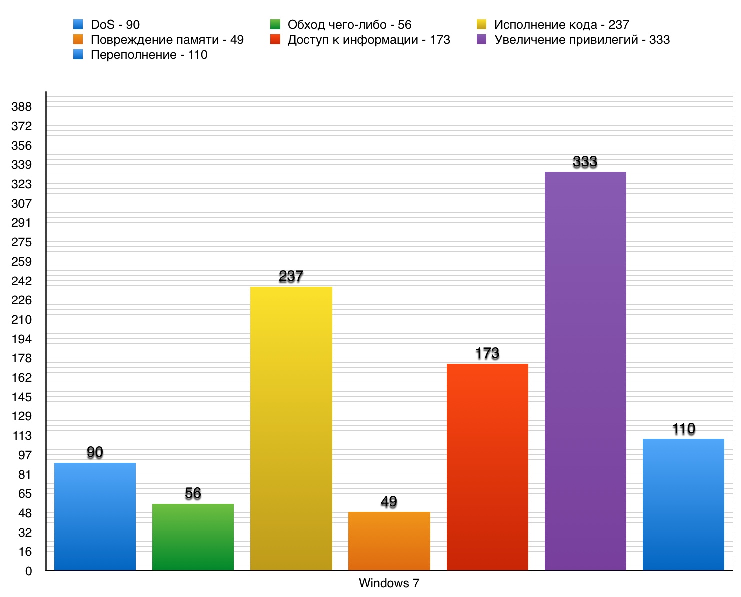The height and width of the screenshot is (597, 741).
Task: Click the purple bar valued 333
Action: pos(585,371)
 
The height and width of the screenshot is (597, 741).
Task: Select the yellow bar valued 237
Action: pos(291,428)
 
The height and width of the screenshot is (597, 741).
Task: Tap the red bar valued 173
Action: pos(487,467)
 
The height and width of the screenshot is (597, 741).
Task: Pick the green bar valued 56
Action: pos(193,537)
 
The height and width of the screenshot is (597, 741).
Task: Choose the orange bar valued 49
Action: pos(389,541)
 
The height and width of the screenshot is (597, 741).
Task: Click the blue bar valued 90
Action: pos(95,516)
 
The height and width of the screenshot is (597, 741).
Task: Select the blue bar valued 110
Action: pos(683,504)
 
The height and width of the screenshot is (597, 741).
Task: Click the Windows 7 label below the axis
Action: pos(389,583)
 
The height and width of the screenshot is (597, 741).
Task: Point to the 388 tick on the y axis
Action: pos(21,107)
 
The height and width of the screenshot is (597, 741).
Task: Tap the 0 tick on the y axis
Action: pos(28,571)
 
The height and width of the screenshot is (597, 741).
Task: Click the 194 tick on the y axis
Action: pos(21,339)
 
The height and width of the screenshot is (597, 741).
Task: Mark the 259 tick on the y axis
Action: pos(21,262)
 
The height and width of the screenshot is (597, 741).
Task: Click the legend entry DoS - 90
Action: pos(115,25)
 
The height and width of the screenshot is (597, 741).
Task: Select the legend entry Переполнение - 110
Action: pos(149,55)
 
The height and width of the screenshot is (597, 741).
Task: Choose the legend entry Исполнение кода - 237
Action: pos(561,25)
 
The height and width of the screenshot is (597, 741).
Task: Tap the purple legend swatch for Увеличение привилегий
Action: pos(482,40)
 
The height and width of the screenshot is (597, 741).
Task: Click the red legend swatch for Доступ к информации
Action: pos(275,40)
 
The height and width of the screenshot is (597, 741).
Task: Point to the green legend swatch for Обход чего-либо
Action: pos(275,25)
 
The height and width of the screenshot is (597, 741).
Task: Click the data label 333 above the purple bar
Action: pos(585,162)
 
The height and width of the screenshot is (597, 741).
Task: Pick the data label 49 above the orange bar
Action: pos(389,501)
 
